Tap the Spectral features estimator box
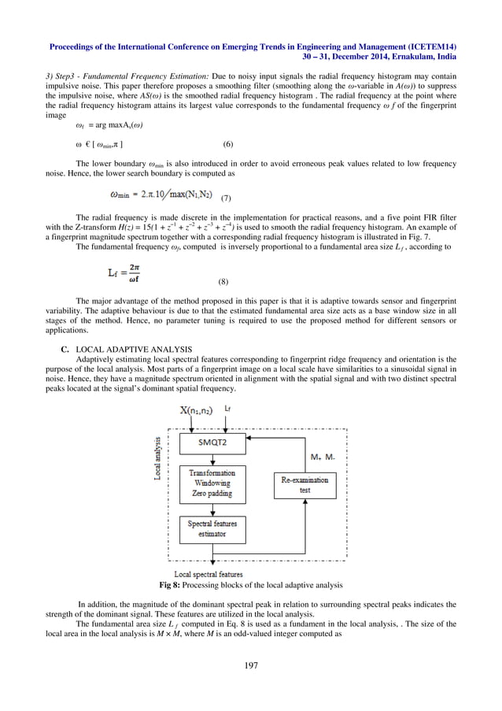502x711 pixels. [x=212, y=528]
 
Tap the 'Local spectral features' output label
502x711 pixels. [x=208, y=574]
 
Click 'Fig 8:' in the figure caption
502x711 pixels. [x=171, y=585]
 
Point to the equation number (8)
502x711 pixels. [x=222, y=280]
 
